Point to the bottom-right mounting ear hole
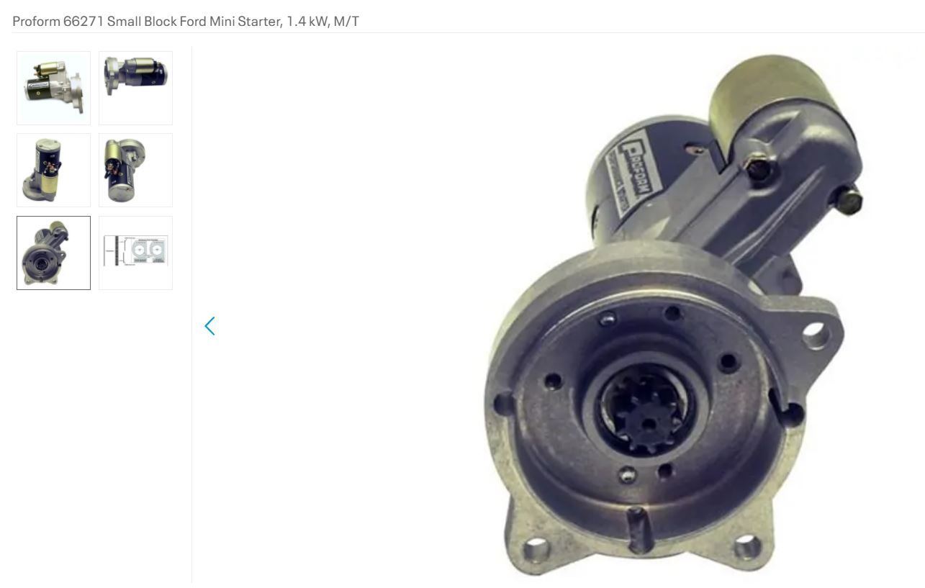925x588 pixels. (746, 547)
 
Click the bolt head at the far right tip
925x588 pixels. (850, 200)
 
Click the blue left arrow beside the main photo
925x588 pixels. (209, 326)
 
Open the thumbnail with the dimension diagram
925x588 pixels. (135, 253)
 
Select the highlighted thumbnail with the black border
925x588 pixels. (54, 253)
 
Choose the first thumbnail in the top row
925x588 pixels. (54, 88)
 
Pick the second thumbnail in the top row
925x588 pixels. (135, 88)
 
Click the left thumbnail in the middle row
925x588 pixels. (54, 170)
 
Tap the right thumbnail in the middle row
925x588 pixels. (135, 170)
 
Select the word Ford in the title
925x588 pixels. (191, 22)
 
